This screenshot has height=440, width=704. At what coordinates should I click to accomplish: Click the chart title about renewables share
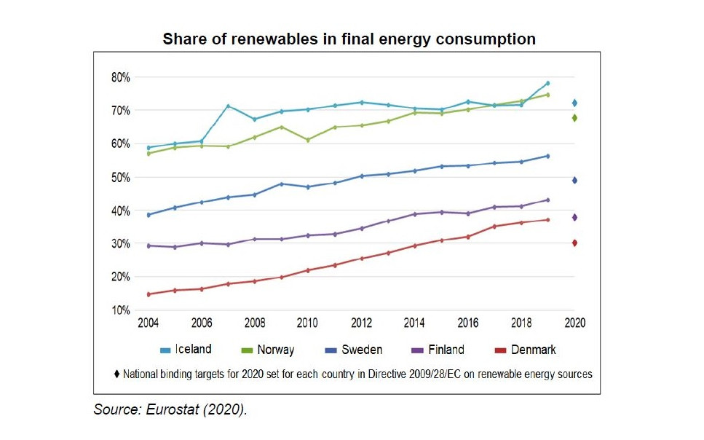349,39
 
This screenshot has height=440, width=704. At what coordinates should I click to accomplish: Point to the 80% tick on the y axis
121,77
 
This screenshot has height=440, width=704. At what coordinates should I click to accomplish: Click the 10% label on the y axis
121,310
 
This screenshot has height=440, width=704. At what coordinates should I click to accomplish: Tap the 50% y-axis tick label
121,177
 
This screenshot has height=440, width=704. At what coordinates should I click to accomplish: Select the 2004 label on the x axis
149,322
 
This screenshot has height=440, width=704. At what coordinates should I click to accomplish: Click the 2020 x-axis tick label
574,322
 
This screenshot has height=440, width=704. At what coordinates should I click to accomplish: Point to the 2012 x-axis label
361,322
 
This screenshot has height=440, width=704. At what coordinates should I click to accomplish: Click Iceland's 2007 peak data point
228,106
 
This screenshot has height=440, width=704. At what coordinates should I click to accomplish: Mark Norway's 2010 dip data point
308,140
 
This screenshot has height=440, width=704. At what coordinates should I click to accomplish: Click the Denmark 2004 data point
149,294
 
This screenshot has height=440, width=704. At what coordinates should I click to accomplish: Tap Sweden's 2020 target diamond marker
574,181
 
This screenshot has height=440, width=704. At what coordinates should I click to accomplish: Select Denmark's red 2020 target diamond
574,243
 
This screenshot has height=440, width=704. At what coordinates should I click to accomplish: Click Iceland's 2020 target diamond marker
574,103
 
